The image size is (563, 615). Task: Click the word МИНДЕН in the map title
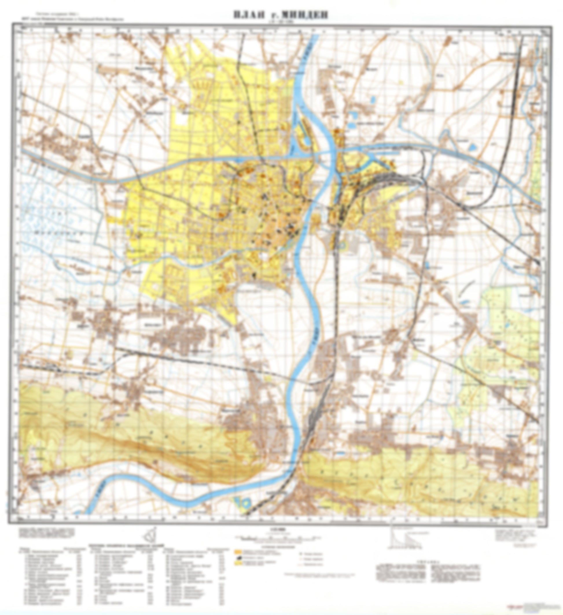point(307,15)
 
